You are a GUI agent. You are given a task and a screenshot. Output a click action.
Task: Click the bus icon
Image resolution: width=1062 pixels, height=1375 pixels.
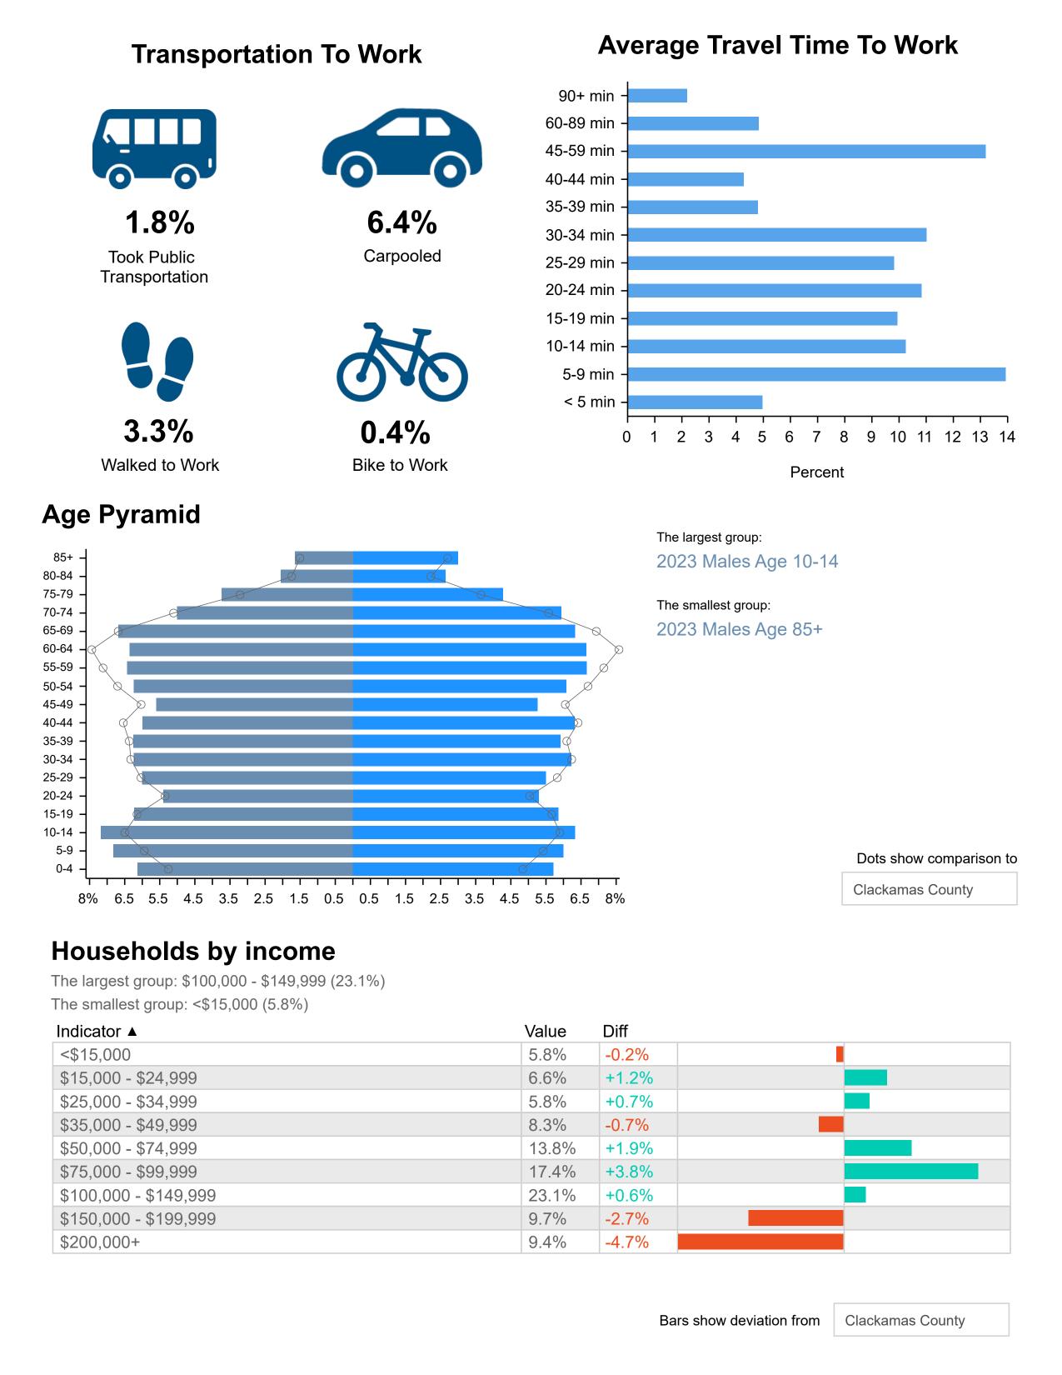click(154, 147)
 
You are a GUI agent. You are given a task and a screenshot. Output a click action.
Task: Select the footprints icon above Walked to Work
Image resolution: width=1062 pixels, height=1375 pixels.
click(157, 362)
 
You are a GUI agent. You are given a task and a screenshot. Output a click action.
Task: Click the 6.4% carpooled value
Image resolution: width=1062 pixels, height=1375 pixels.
click(401, 222)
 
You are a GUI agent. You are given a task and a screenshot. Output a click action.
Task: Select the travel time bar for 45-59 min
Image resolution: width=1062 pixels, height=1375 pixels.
click(805, 152)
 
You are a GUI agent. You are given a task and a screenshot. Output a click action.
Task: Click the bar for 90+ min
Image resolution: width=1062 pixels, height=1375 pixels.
click(657, 96)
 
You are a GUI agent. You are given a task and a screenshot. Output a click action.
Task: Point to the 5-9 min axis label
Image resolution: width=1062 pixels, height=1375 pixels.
click(588, 374)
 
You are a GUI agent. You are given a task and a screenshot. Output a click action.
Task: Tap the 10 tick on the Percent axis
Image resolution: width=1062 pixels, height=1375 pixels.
click(898, 437)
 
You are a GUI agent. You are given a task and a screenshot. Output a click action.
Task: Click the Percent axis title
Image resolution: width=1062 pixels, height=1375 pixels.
click(816, 472)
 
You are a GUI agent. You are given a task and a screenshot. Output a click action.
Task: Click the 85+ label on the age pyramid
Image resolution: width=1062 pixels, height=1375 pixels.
click(63, 557)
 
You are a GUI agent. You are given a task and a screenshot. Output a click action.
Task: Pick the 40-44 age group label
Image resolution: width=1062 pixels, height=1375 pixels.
click(58, 722)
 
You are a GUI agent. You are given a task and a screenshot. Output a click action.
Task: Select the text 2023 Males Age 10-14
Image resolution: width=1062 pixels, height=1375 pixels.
click(747, 562)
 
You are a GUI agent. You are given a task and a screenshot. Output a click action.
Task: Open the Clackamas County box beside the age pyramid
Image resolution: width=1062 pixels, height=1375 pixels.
click(929, 889)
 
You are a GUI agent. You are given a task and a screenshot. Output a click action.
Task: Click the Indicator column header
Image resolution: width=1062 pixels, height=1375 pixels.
click(97, 1032)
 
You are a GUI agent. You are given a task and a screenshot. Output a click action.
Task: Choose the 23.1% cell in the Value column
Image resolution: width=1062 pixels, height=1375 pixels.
click(547, 1195)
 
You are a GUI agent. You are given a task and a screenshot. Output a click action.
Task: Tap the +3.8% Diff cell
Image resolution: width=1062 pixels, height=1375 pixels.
click(629, 1172)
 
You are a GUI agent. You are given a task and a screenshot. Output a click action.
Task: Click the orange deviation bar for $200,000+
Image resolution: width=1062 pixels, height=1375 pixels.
click(760, 1242)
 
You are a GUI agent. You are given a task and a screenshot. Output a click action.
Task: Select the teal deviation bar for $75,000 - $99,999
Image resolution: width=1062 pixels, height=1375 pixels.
click(910, 1172)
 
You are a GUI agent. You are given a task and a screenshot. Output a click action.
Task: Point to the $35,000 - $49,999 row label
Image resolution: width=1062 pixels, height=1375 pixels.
click(128, 1125)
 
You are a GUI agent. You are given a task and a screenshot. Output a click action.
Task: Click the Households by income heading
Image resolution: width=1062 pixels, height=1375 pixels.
click(193, 951)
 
